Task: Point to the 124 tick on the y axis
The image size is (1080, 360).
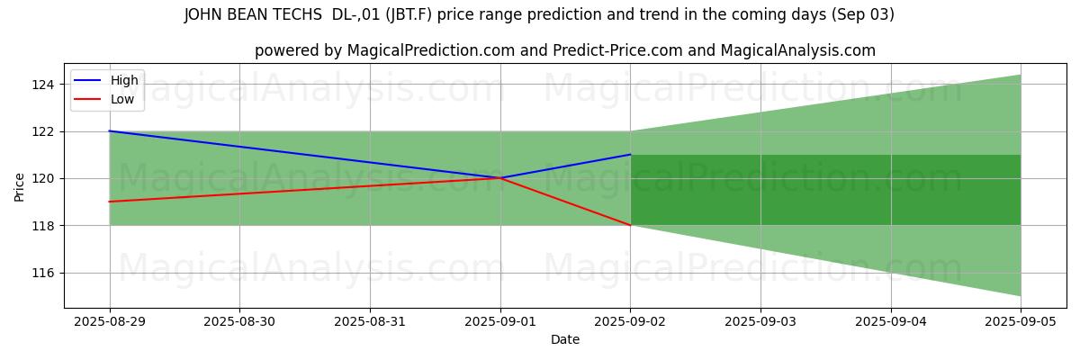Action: pyautogui.click(x=43, y=85)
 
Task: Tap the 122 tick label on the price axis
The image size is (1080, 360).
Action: pyautogui.click(x=43, y=131)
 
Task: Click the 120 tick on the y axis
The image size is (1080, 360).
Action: pyautogui.click(x=43, y=178)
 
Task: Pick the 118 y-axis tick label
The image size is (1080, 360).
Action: pyautogui.click(x=43, y=225)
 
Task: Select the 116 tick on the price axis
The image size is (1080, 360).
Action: pyautogui.click(x=43, y=273)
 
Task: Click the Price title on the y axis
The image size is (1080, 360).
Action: pyautogui.click(x=19, y=186)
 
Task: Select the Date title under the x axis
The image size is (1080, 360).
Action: pyautogui.click(x=565, y=339)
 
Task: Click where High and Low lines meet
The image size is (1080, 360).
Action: pyautogui.click(x=500, y=178)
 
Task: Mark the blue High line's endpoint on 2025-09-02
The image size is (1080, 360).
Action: pyautogui.click(x=630, y=155)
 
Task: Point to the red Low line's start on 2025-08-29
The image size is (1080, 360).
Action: pyautogui.click(x=110, y=202)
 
